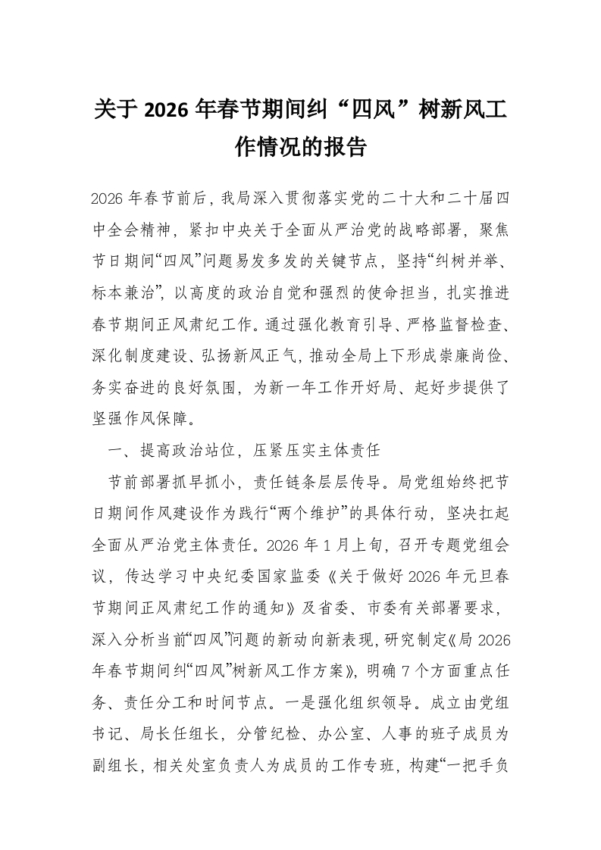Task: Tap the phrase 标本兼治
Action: tap(125, 278)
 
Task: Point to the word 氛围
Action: tap(224, 383)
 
